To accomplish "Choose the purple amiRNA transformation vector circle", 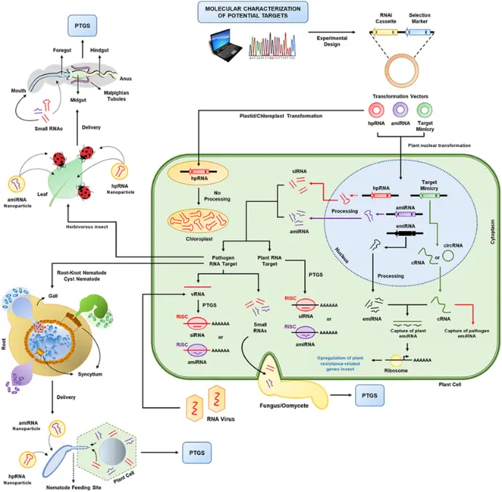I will point(403,112).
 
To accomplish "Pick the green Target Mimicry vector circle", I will point(429,112).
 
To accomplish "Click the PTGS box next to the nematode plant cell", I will point(199,450).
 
